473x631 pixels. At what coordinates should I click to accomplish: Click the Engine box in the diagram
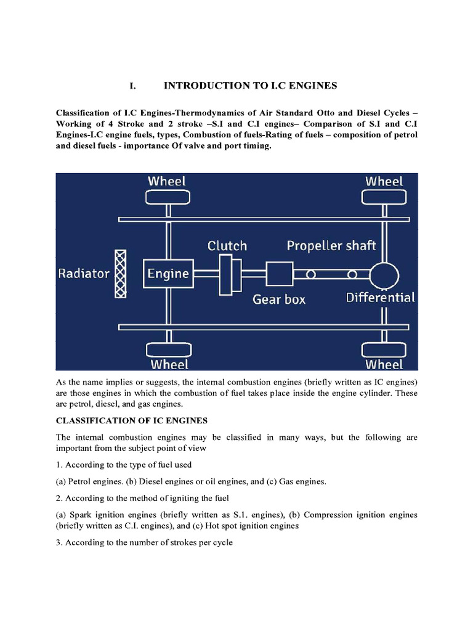[168, 273]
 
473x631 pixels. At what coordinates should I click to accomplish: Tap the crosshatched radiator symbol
[121, 274]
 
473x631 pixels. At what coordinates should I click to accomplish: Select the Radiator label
[84, 274]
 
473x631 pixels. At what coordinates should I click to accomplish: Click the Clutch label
[227, 246]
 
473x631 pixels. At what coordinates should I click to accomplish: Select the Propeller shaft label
[331, 246]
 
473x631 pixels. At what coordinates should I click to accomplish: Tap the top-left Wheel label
[167, 181]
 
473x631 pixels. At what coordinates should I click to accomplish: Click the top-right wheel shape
[384, 197]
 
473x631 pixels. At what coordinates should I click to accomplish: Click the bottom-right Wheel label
[384, 364]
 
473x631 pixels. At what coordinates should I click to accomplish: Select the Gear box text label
[279, 299]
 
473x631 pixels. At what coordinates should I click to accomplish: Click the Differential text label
[380, 298]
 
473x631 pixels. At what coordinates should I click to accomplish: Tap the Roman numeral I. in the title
[132, 86]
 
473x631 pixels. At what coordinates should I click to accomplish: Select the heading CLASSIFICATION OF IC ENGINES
[132, 421]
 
